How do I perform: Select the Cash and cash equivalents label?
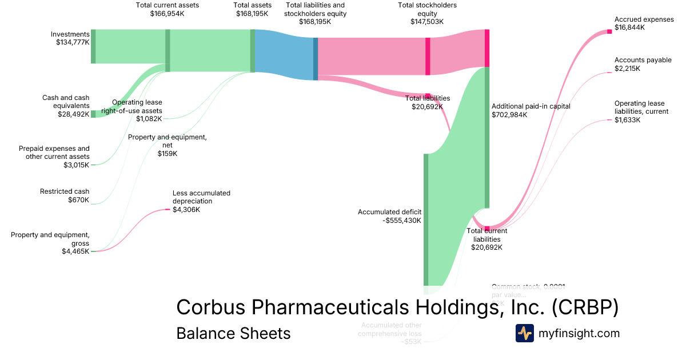tap(66, 106)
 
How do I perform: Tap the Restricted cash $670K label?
tap(65, 195)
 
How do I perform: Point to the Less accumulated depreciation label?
tap(201, 201)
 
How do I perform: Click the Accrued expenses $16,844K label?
tap(644, 23)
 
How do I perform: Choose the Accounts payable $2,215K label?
tap(643, 64)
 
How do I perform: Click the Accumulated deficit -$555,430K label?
tap(389, 216)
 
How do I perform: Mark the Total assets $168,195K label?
tap(252, 9)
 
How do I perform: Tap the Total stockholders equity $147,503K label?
tap(427, 13)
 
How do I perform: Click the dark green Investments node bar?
tap(93, 46)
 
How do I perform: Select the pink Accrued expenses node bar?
tap(609, 31)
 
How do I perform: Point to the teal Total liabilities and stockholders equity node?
tap(316, 59)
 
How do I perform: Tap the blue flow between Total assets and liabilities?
tap(284, 54)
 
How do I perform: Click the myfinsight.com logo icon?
tap(524, 333)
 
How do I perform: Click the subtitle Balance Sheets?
tap(233, 333)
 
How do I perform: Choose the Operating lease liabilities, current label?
tap(641, 111)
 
